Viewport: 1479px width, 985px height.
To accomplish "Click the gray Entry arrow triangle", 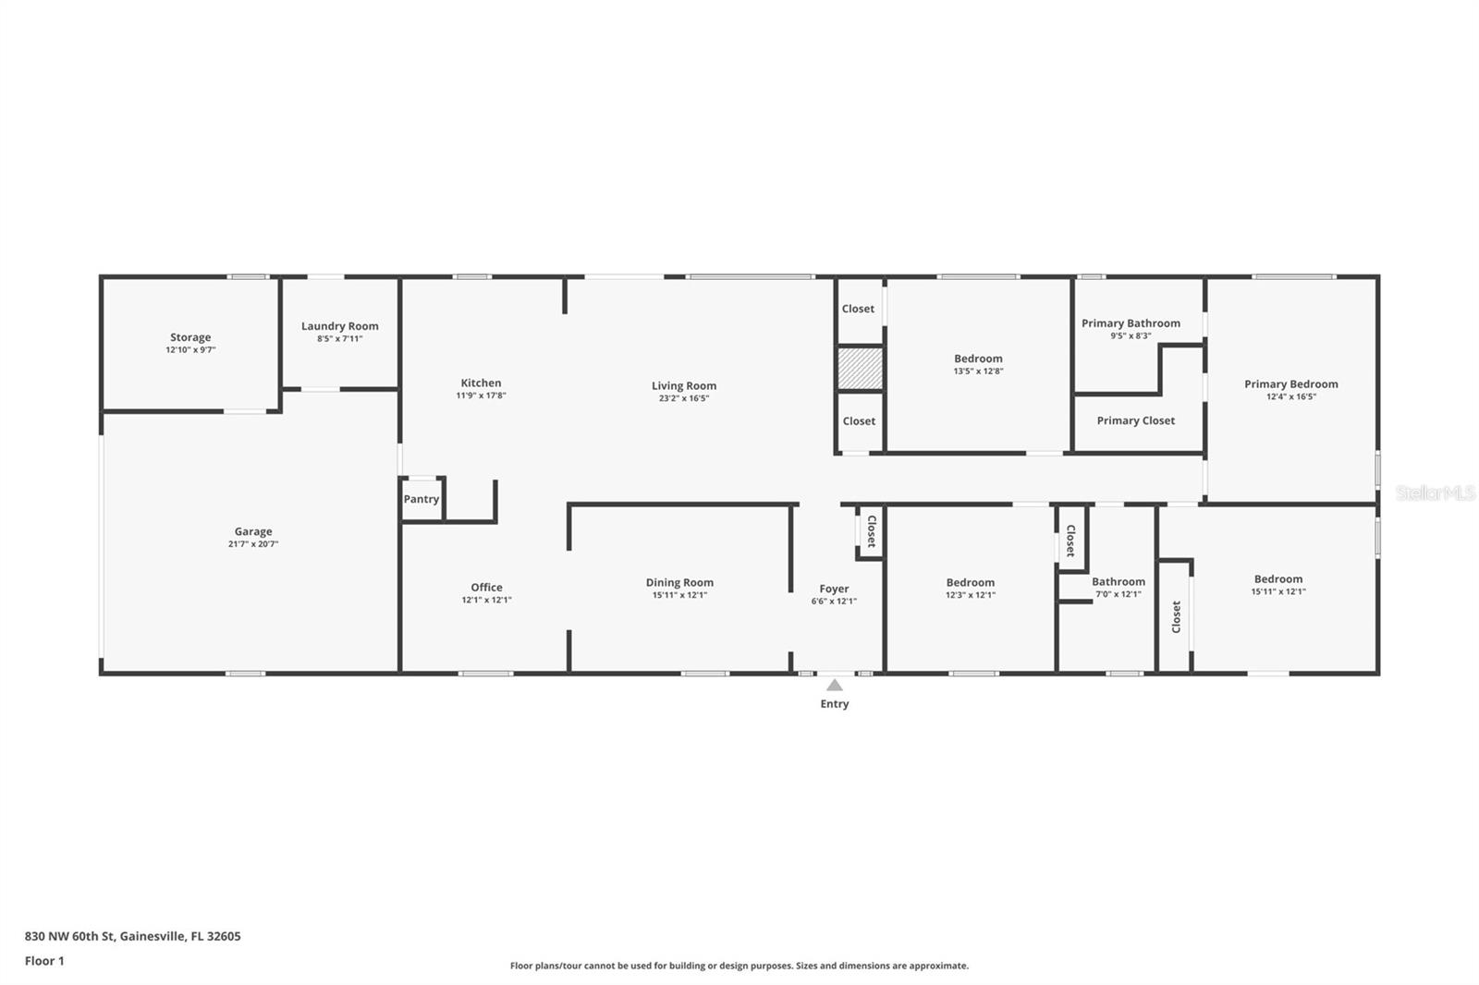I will point(834,686).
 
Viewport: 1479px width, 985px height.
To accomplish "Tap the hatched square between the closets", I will point(860,369).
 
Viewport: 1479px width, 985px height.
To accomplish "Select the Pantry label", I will point(422,499).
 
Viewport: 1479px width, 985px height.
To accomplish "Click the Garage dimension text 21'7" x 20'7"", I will point(253,544).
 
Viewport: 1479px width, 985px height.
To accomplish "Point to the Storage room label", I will point(190,337).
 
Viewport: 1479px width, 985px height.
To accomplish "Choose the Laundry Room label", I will point(340,326).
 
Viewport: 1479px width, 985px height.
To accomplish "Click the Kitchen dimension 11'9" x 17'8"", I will point(481,395).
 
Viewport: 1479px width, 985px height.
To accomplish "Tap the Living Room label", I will point(684,386).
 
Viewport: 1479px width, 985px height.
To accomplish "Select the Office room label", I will point(486,588).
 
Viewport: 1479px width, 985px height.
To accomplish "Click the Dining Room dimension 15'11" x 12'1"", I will point(679,595).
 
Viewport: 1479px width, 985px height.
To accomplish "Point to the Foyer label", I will point(834,589).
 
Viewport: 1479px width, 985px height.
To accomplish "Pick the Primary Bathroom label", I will point(1131,323).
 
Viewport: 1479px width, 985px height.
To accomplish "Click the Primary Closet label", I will point(1136,420).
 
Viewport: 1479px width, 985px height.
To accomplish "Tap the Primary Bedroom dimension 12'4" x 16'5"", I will point(1291,396).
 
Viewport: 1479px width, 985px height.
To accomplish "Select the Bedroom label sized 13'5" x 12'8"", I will point(978,359).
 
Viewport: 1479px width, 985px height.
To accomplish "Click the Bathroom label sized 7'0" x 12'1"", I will point(1118,582).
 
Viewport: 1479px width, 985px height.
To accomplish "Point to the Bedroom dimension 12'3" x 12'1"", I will point(971,595).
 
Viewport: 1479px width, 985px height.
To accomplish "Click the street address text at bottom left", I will point(132,936).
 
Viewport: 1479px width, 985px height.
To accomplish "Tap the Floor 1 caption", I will point(44,961).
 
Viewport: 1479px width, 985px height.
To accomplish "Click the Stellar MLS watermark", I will point(1435,493).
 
